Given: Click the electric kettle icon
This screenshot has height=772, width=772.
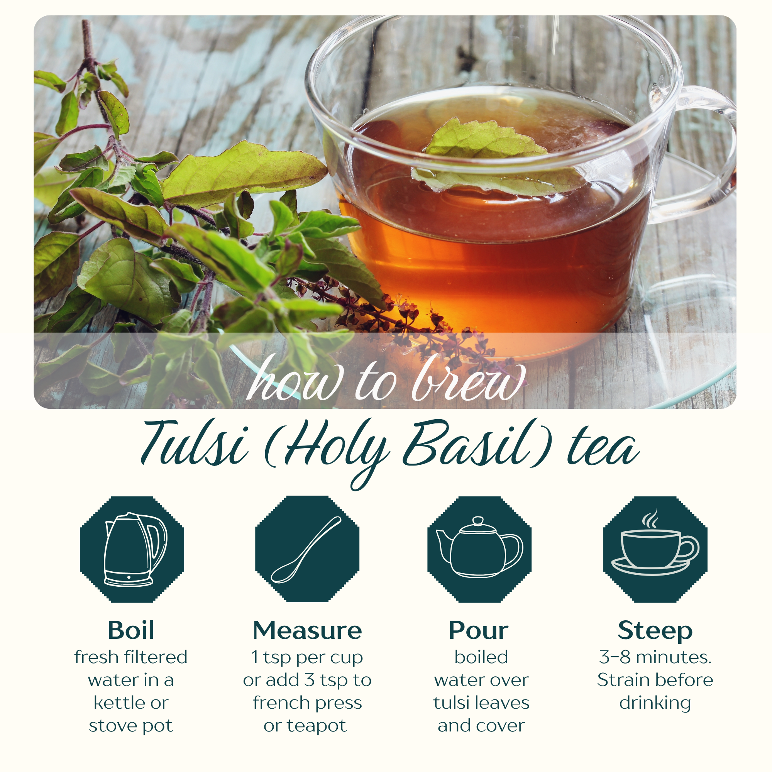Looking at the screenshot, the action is coord(135,550).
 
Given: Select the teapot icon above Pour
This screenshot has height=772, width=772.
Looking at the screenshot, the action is coord(479,547).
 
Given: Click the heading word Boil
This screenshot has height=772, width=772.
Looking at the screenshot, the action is coord(131,631).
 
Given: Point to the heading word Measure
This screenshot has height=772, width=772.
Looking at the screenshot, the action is coord(307,631).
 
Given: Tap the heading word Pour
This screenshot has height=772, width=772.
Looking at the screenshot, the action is coord(478,631).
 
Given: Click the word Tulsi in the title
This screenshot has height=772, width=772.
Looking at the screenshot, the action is coord(195,444).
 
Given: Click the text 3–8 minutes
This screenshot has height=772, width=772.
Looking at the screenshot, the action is coord(655,657).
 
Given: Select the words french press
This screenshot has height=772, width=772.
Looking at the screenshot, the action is coord(307,703).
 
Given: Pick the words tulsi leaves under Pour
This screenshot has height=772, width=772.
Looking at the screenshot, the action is coord(481,703).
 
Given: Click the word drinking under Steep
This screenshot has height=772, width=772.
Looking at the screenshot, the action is coord(655,704).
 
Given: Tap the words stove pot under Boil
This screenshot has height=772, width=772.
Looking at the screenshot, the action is coord(131,726).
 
